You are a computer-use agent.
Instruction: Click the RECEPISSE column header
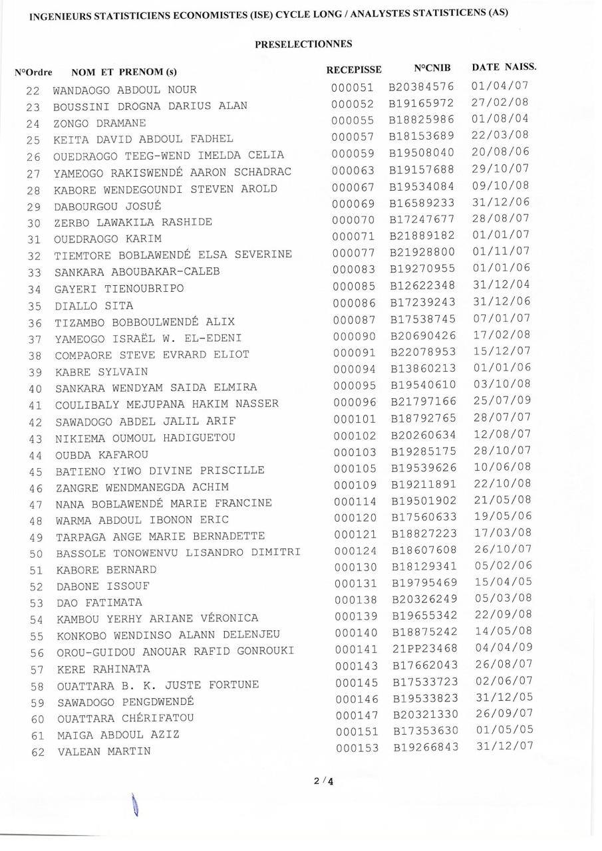pyautogui.click(x=354, y=69)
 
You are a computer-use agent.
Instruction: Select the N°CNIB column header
pyautogui.click(x=432, y=68)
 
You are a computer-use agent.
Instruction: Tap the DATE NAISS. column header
pyautogui.click(x=504, y=66)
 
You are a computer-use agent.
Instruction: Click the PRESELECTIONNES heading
pyautogui.click(x=303, y=44)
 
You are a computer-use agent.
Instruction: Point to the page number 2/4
pyautogui.click(x=323, y=781)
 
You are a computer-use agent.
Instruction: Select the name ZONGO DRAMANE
pyautogui.click(x=100, y=123)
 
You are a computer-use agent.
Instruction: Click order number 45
pyautogui.click(x=36, y=471)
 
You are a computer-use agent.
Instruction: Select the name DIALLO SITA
pyautogui.click(x=94, y=306)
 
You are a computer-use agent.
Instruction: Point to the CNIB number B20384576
pyautogui.click(x=422, y=87)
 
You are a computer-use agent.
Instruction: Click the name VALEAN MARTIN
pyautogui.click(x=104, y=751)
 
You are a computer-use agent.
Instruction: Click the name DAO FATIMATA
pyautogui.click(x=99, y=602)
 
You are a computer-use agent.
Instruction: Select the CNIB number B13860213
pyautogui.click(x=424, y=369)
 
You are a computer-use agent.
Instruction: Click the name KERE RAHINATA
pyautogui.click(x=103, y=669)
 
